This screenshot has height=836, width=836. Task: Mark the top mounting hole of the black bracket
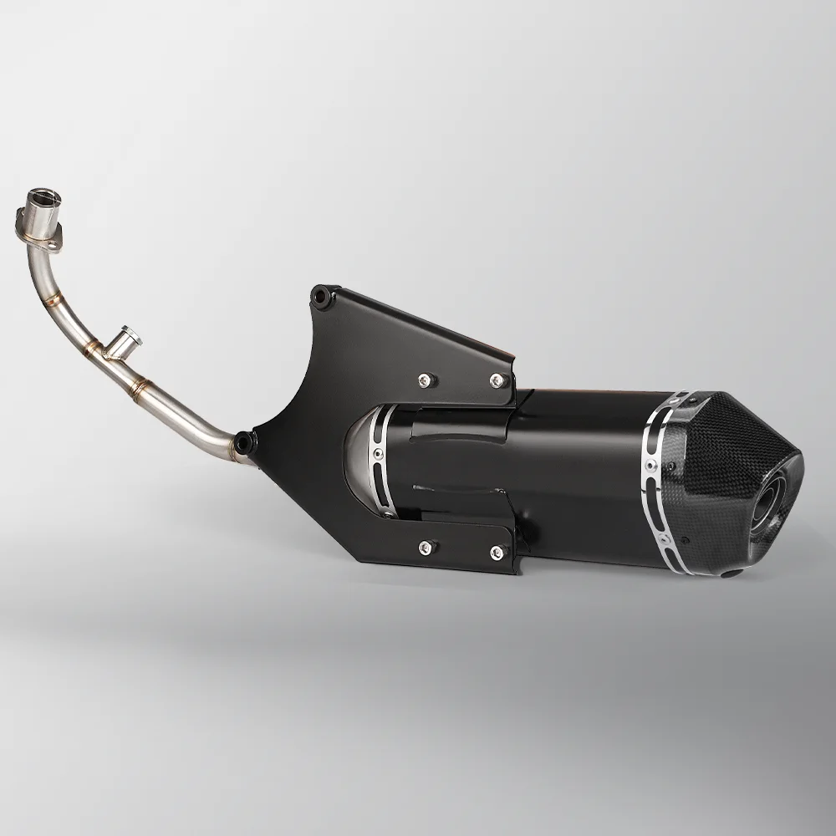tap(319, 293)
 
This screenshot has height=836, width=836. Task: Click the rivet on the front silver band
tap(378, 454)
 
